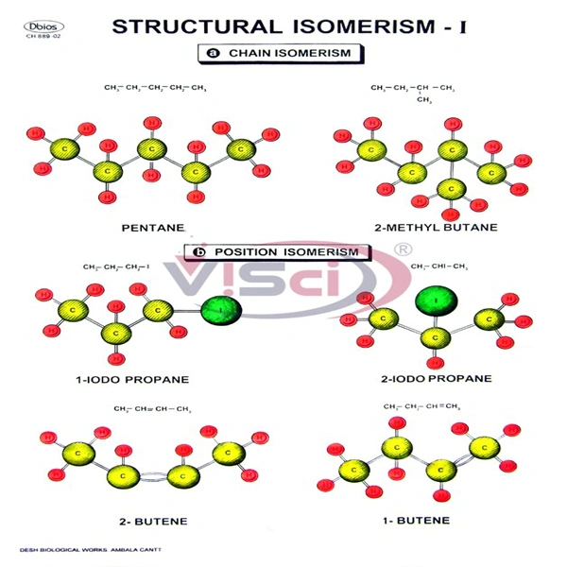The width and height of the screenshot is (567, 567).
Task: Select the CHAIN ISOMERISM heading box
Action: click(x=283, y=53)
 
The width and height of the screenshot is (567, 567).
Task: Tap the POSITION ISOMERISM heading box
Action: click(x=275, y=252)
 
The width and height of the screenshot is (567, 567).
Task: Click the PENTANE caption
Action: click(x=152, y=228)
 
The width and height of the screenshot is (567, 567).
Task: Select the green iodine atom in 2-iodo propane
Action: click(x=436, y=301)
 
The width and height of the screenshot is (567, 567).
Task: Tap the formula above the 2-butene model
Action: click(x=152, y=408)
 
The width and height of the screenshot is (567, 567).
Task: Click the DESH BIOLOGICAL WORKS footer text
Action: click(x=85, y=549)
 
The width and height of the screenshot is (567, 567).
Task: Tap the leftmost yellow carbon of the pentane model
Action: click(x=62, y=148)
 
